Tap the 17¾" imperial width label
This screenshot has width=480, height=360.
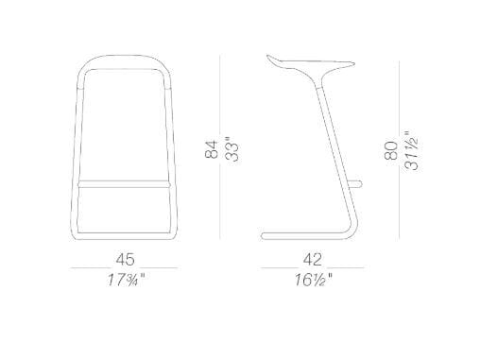click(124, 281)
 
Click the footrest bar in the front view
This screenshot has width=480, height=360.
click(124, 179)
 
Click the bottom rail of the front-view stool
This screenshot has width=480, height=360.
click(124, 231)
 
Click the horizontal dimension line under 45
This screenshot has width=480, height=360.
click(124, 268)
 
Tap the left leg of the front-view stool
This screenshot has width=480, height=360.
click(76, 151)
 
